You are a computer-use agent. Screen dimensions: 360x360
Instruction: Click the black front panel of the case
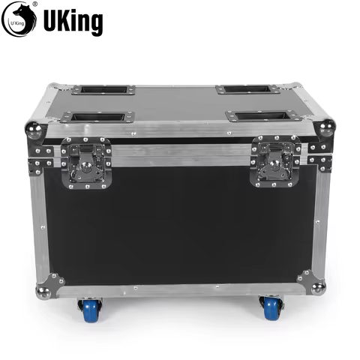point(180,225)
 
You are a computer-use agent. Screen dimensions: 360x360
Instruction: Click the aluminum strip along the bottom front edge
point(180,289)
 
